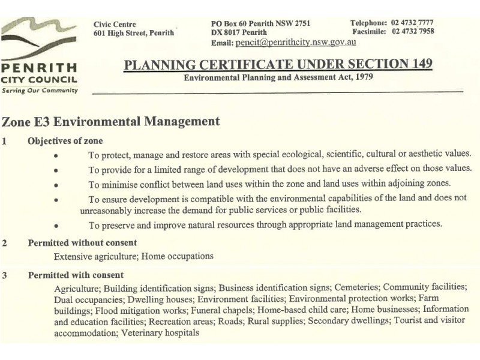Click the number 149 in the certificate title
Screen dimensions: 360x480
pos(418,64)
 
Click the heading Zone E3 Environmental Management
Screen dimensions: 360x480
pos(111,121)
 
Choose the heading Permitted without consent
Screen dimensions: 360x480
pos(82,243)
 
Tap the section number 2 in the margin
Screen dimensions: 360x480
pos(5,243)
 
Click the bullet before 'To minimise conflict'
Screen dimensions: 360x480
pos(56,184)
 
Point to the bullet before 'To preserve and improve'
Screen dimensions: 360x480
pos(56,226)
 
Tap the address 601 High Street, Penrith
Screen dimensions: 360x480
pos(134,33)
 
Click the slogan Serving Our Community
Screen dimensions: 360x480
pos(40,90)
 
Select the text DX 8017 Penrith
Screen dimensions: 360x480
pos(239,32)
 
